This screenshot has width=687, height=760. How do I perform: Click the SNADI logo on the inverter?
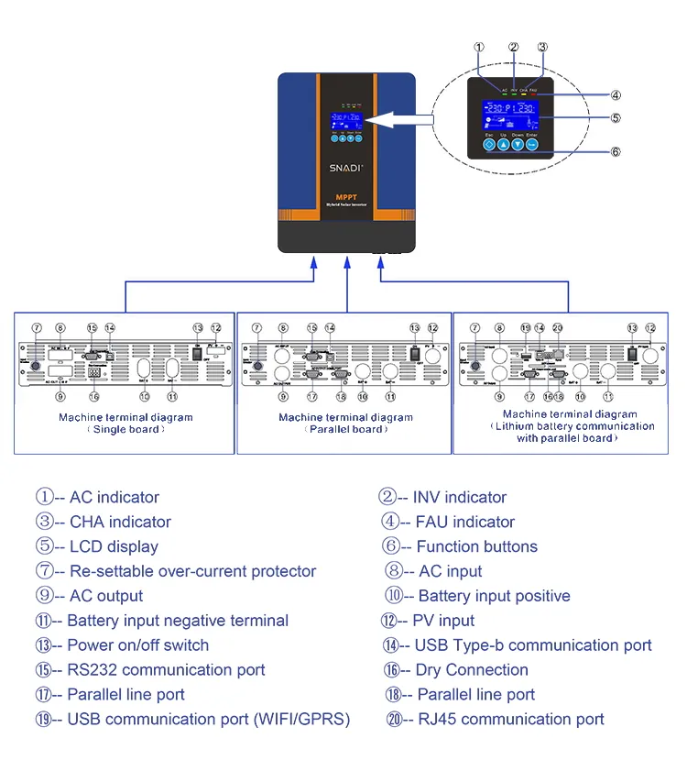click(x=347, y=168)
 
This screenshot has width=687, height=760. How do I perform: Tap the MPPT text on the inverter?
click(x=347, y=199)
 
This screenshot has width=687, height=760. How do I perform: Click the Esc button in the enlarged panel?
click(x=488, y=144)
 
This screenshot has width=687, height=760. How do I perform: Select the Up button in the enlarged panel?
click(x=503, y=144)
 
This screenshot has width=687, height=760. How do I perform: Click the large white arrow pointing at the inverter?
click(x=399, y=117)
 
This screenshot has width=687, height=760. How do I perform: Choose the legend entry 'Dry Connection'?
click(x=459, y=670)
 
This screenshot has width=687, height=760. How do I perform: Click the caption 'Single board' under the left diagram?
click(x=125, y=429)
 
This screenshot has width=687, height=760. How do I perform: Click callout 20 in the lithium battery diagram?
click(x=558, y=327)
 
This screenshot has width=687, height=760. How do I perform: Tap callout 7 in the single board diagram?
click(x=37, y=327)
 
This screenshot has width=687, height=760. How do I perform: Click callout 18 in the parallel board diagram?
click(x=341, y=397)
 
